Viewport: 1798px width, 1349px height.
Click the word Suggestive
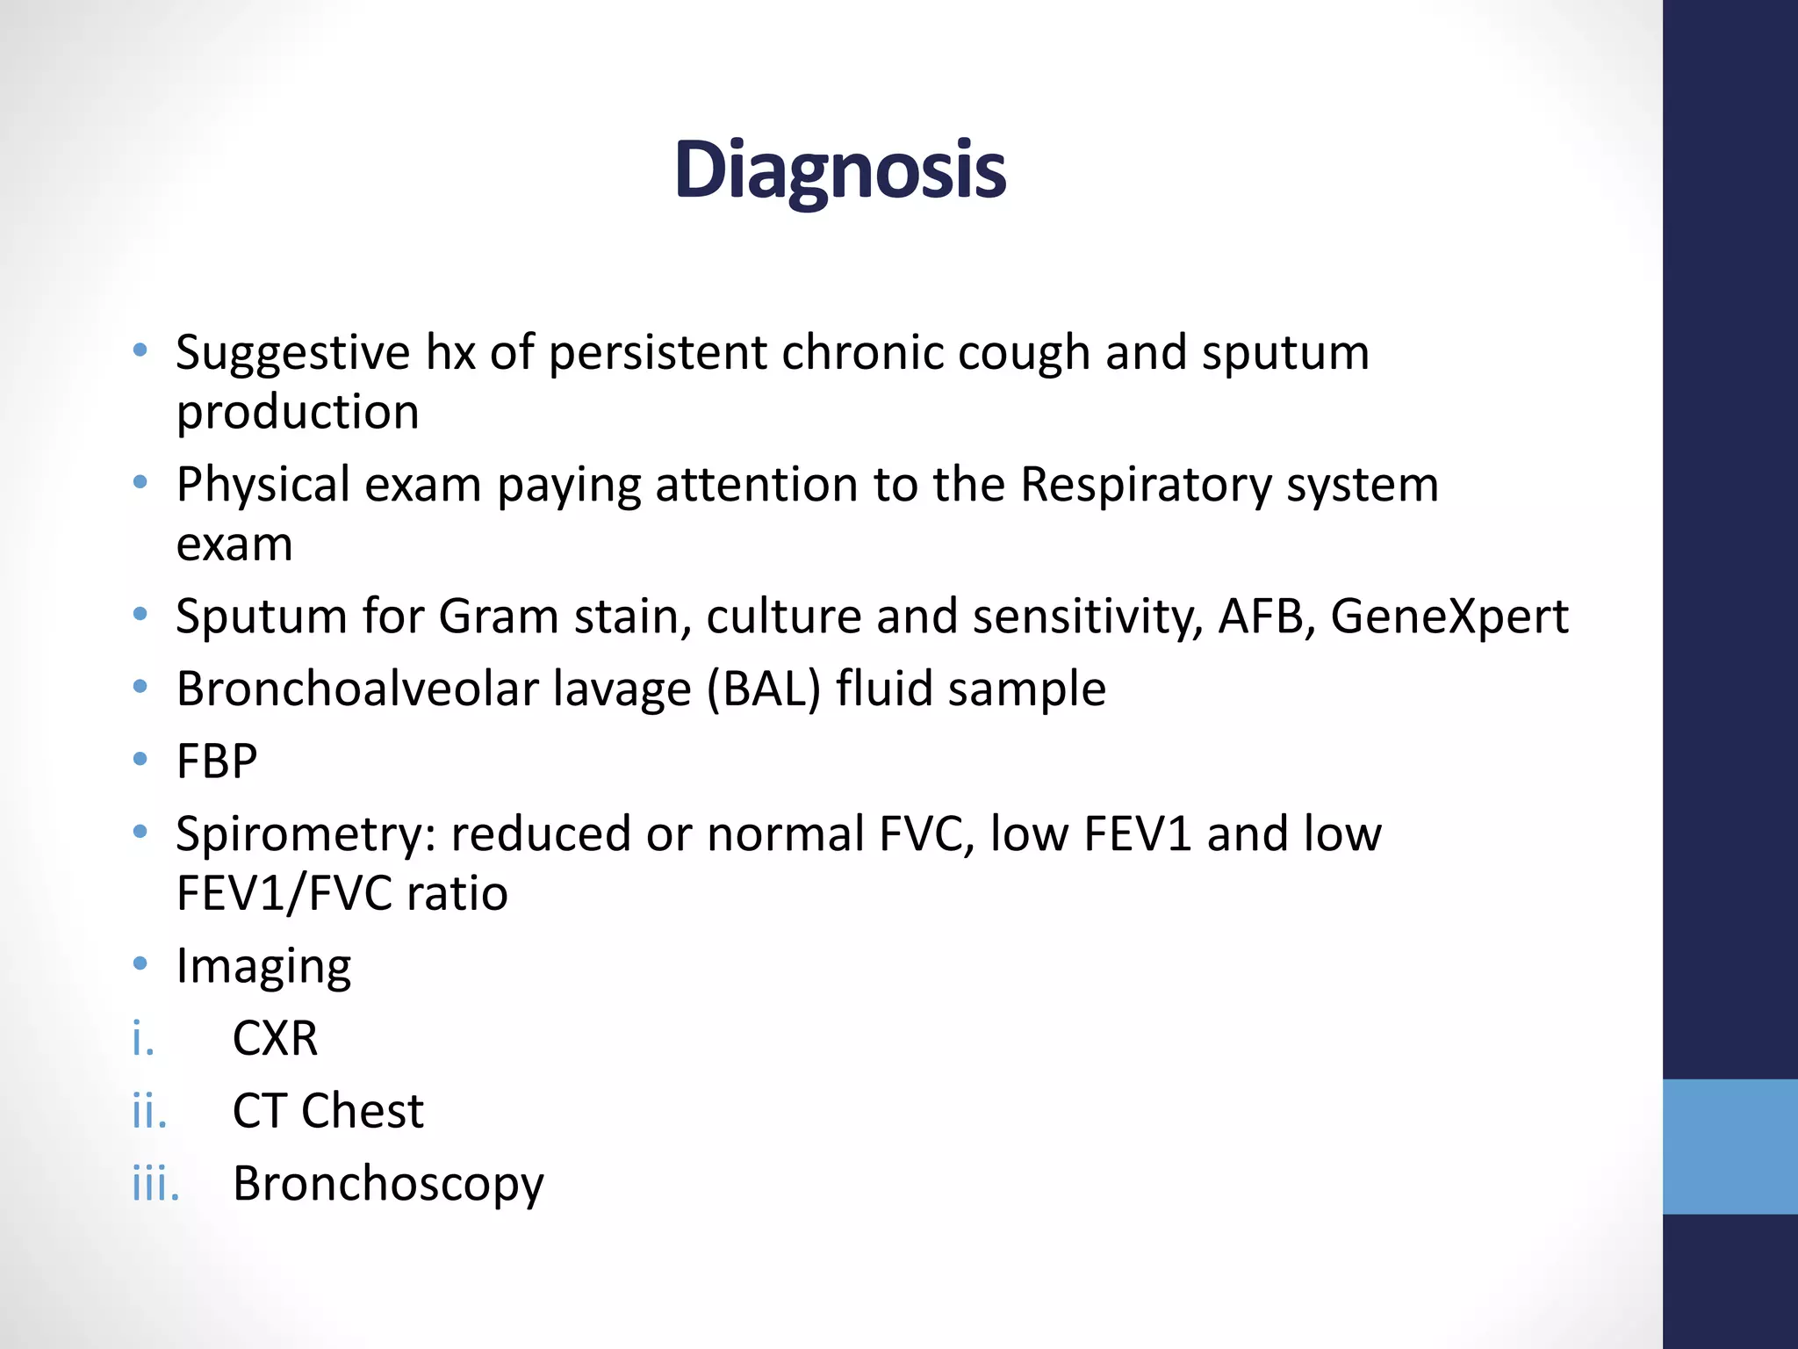point(292,354)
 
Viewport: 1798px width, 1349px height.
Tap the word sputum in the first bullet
point(1285,354)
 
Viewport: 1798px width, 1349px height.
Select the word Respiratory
point(1146,485)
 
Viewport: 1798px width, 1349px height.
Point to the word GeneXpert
point(1449,617)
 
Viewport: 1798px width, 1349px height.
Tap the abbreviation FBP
point(217,761)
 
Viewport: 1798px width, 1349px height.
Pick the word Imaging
point(263,967)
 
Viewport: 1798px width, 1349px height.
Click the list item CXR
point(275,1039)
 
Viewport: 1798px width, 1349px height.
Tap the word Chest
point(363,1111)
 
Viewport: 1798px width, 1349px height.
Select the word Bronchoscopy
point(388,1184)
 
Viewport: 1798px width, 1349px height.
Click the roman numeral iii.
point(155,1184)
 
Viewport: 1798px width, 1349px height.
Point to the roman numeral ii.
point(149,1111)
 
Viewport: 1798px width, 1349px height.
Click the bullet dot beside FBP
point(140,759)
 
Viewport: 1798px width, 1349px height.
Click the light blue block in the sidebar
point(1730,1146)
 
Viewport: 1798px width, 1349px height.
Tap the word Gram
point(498,617)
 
